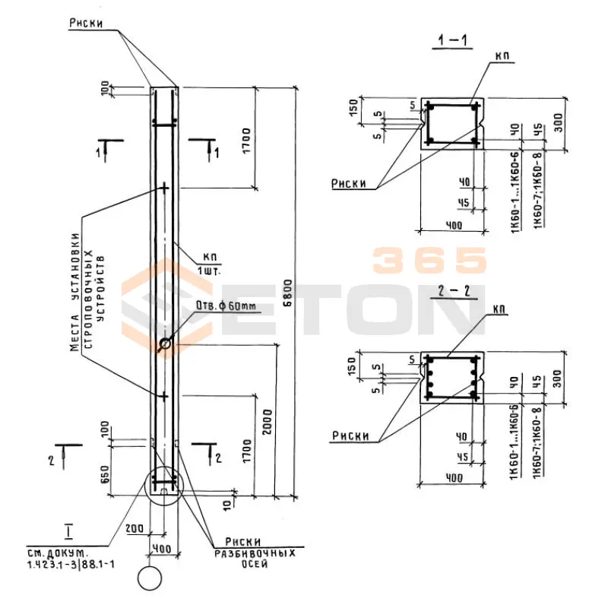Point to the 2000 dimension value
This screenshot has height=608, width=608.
pos(264,420)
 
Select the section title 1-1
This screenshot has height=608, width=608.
pos(448,41)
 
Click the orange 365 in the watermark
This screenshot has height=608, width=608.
pos(429,261)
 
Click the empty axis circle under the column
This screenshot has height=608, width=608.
pos(150,578)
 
